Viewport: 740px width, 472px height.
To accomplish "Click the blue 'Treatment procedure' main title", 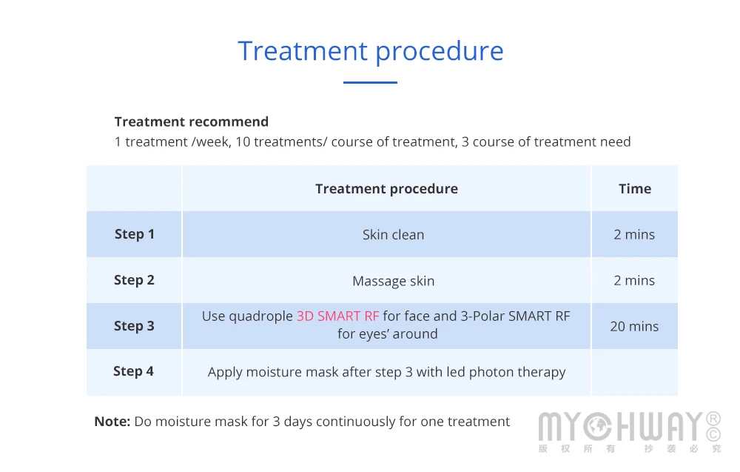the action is [x=371, y=52].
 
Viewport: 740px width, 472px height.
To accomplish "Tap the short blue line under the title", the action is [x=370, y=82].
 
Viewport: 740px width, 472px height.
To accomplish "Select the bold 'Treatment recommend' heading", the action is [x=192, y=122].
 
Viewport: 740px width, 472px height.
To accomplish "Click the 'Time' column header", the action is [x=635, y=188].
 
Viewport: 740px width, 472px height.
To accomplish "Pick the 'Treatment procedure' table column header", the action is [x=386, y=189].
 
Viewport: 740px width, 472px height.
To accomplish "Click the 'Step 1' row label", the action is [x=135, y=234].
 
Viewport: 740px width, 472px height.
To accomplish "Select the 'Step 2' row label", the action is [x=134, y=280].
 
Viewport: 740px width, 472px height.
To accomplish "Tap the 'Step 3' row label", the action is [x=134, y=326].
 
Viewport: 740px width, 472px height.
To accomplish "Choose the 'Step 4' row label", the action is [x=133, y=371].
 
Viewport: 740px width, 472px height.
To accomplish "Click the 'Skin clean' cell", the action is [x=393, y=234].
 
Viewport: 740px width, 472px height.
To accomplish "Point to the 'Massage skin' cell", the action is [x=393, y=281].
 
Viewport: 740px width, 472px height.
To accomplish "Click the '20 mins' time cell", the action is [x=634, y=327].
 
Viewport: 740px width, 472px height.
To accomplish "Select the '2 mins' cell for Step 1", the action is [x=634, y=234].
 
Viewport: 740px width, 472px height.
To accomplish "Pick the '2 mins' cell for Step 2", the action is [x=634, y=281].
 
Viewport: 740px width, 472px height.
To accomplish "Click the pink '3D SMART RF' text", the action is [x=338, y=316].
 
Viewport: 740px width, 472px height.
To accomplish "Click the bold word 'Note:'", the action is [x=112, y=422].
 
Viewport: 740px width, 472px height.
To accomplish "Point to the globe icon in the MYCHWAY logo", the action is [x=597, y=426].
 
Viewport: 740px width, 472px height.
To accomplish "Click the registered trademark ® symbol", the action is [x=713, y=419].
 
